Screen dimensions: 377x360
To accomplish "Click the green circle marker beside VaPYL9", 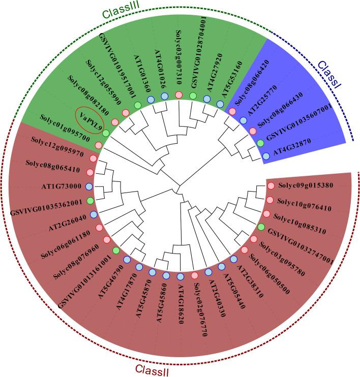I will tap(106, 133).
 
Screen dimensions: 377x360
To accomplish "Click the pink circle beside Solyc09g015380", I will tap(271, 186).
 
